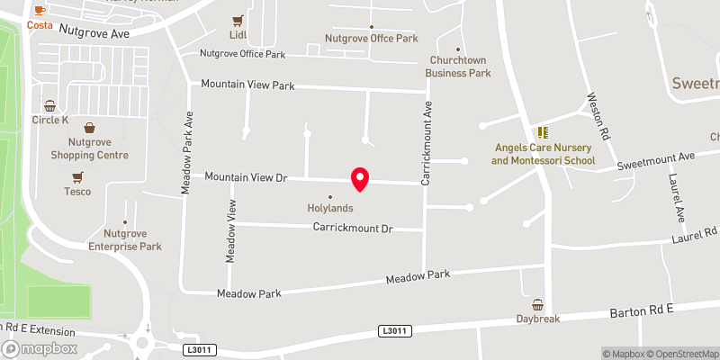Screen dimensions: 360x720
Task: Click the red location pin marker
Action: tap(360, 179)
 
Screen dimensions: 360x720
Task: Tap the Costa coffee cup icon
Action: tap(39, 10)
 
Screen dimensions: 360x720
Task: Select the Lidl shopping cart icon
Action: tap(238, 21)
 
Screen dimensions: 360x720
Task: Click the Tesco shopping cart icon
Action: tap(77, 176)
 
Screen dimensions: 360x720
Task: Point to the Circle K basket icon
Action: tap(50, 104)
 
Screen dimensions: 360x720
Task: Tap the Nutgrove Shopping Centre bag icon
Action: tap(89, 128)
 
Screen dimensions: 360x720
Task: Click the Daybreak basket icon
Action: tap(538, 304)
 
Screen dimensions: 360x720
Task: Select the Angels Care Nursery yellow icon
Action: tap(543, 132)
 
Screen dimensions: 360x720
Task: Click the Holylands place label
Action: tap(329, 208)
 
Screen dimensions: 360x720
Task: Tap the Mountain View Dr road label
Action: tap(245, 178)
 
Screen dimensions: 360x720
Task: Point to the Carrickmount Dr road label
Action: tap(354, 229)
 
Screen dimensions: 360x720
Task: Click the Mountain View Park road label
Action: tap(247, 85)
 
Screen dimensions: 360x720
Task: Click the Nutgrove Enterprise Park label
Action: tap(125, 239)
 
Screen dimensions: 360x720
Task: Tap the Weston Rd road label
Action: tap(598, 115)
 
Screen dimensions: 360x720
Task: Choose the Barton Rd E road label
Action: tap(642, 311)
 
